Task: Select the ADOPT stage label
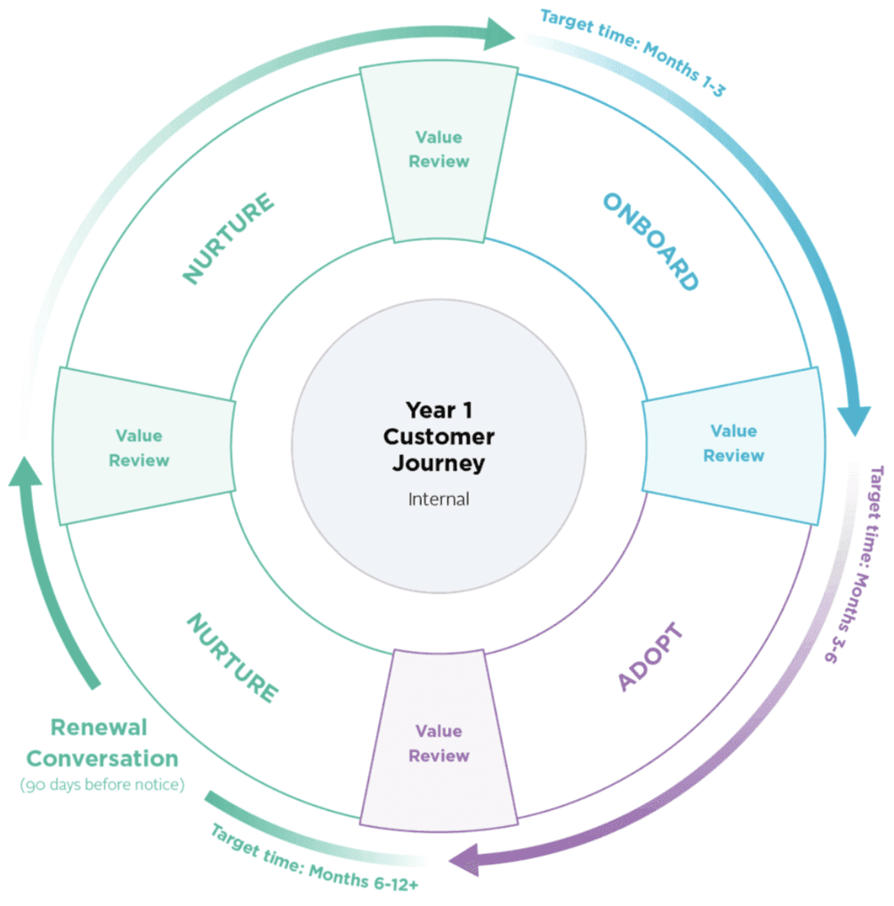coord(651,658)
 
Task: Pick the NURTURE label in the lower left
coord(231,656)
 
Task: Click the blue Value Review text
coord(733,443)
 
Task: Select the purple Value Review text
coord(439,743)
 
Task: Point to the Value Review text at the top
coord(439,149)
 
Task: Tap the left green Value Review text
coord(139,448)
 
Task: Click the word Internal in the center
coord(439,499)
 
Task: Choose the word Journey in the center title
coord(439,463)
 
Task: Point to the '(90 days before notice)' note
coord(101,785)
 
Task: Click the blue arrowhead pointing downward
coord(854,418)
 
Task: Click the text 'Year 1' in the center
coord(439,410)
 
